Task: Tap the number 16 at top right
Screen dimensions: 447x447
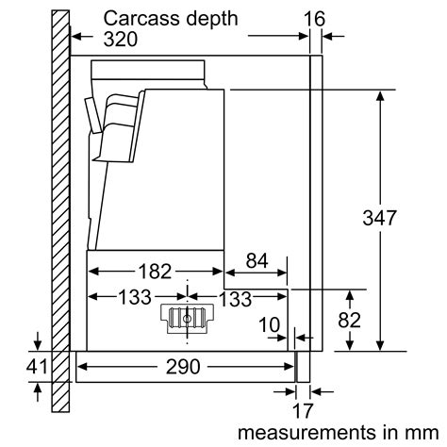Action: pyautogui.click(x=314, y=17)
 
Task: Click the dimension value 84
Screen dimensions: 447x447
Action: pyautogui.click(x=257, y=261)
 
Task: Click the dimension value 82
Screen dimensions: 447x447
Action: pyautogui.click(x=348, y=319)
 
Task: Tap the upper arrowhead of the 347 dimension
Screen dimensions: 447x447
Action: pyautogui.click(x=380, y=95)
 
